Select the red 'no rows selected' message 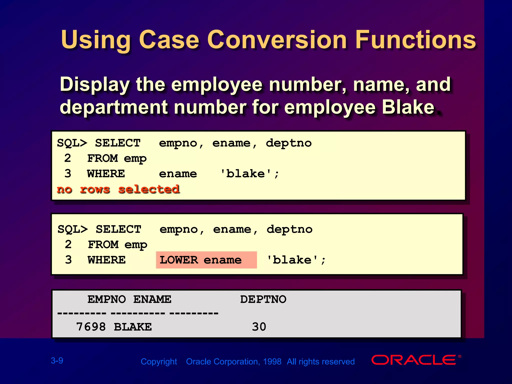pos(118,189)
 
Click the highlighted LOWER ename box pos(206,260)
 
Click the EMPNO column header pos(106,299)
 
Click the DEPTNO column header pos(263,299)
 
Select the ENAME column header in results pos(152,299)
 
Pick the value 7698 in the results pos(91,327)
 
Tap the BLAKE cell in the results pos(133,327)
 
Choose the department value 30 pos(259,327)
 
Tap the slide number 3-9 pos(57,360)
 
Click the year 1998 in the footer pos(272,361)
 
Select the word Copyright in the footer pos(159,361)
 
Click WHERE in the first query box pos(106,174)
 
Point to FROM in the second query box pos(103,244)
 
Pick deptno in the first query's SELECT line pos(289,143)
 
